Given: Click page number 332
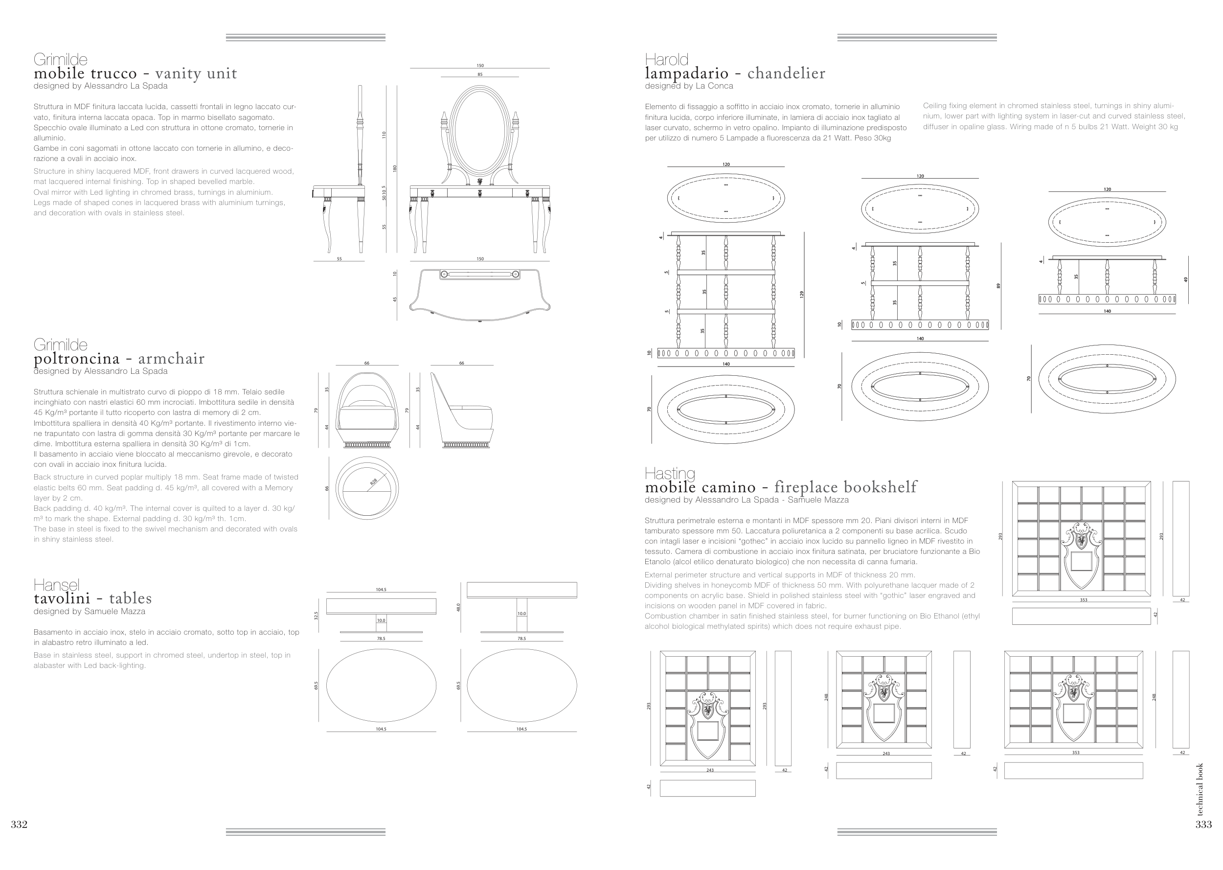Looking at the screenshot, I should point(19,824).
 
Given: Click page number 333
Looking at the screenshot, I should point(1203,824).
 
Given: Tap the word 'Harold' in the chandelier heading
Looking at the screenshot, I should point(666,60).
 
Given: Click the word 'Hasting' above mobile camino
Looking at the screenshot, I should point(669,474).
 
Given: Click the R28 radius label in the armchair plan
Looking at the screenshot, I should point(374,481).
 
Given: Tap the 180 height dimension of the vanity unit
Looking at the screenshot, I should point(395,168).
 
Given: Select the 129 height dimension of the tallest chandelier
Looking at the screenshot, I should point(802,294).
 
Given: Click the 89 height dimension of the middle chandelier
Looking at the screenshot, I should point(998,286).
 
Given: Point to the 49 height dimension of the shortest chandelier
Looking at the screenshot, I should point(1185,280).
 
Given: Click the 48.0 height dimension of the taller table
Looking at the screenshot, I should point(458,608).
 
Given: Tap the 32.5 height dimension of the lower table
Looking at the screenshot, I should point(317,616).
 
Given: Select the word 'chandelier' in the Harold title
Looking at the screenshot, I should point(786,73).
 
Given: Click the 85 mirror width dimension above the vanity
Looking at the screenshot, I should point(480,74).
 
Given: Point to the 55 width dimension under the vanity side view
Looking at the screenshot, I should point(339,259).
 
